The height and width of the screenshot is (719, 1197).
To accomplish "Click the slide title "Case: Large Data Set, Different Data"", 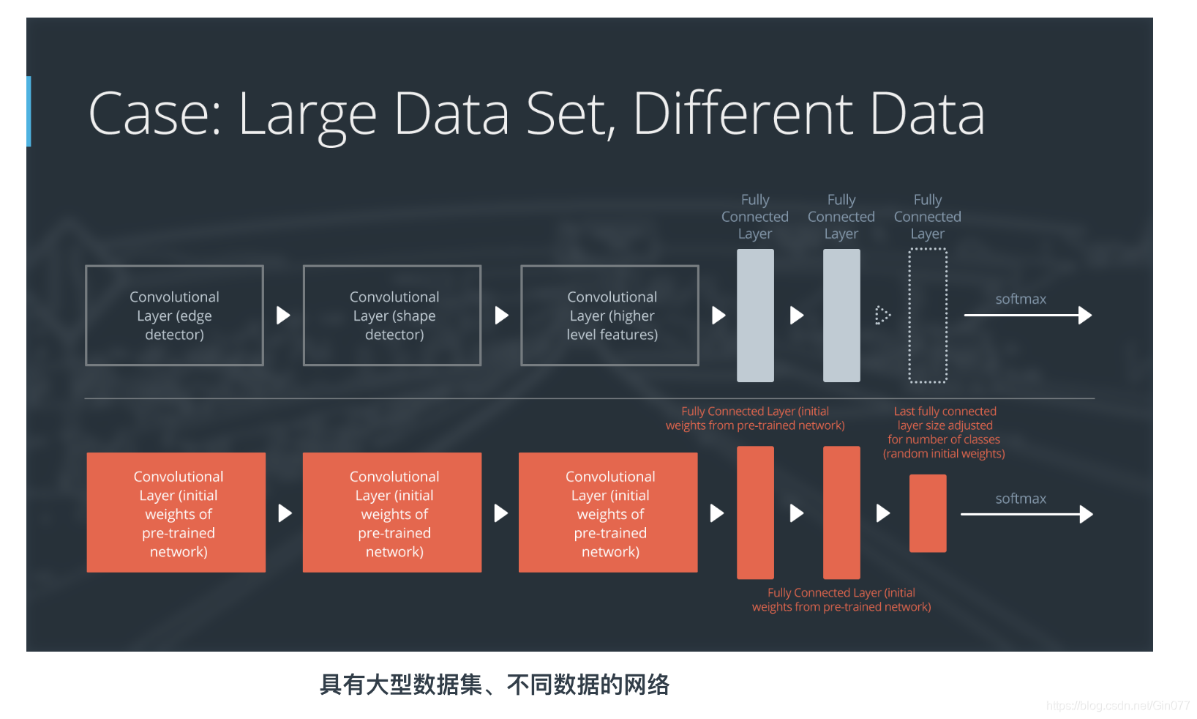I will pyautogui.click(x=536, y=114).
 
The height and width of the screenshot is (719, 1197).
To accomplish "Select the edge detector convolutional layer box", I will pyautogui.click(x=174, y=316).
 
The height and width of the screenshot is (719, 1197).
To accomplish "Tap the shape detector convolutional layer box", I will pyautogui.click(x=392, y=316).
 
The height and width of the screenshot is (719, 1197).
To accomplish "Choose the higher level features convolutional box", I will pyautogui.click(x=609, y=316).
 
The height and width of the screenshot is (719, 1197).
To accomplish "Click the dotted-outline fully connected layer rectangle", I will pyautogui.click(x=928, y=316).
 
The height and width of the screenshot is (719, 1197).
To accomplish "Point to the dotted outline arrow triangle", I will pyautogui.click(x=882, y=316).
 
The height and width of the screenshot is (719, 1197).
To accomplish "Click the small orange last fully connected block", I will pyautogui.click(x=928, y=513).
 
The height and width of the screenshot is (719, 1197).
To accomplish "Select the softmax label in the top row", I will pyautogui.click(x=1021, y=299).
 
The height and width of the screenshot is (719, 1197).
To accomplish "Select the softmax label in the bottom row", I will pyautogui.click(x=1021, y=499).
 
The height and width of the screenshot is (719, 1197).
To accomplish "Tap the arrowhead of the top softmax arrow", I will pyautogui.click(x=1086, y=316).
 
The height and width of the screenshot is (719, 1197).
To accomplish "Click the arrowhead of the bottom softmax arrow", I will pyautogui.click(x=1087, y=514).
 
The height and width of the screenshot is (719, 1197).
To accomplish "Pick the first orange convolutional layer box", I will pyautogui.click(x=176, y=513).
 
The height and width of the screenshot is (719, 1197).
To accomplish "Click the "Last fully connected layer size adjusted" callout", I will pyautogui.click(x=944, y=432).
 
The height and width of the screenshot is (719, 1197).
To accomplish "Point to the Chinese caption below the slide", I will pyautogui.click(x=495, y=685).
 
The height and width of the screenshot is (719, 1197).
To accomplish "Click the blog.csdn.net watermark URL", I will pyautogui.click(x=1117, y=706).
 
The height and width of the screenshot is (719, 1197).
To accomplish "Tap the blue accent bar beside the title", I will pyautogui.click(x=29, y=111).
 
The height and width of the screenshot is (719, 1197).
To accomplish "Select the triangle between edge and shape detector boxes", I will pyautogui.click(x=283, y=316).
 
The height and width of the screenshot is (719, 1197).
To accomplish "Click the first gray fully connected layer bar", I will pyautogui.click(x=755, y=316).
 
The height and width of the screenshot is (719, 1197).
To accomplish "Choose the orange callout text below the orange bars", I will pyautogui.click(x=841, y=600).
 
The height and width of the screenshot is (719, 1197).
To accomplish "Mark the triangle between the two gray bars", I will pyautogui.click(x=797, y=316).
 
